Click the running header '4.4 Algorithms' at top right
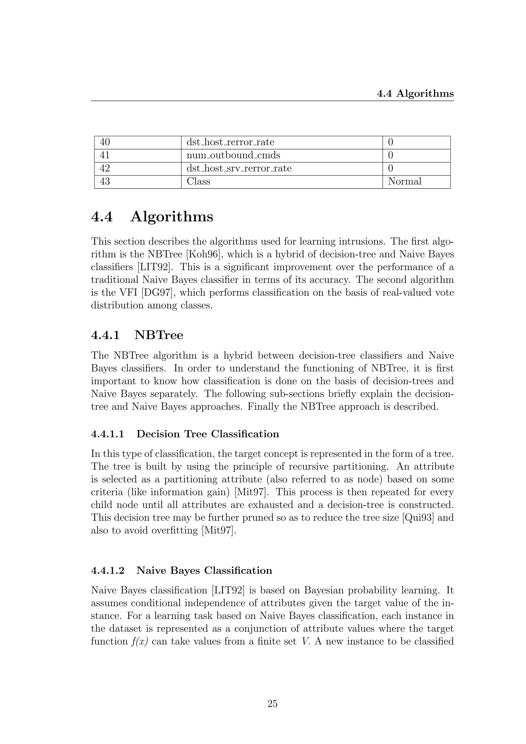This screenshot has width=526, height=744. pyautogui.click(x=415, y=94)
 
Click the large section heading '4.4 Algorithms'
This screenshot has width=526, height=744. pyautogui.click(x=152, y=217)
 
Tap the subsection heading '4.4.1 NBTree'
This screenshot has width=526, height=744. pyautogui.click(x=137, y=335)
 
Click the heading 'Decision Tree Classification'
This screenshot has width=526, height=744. pyautogui.click(x=207, y=434)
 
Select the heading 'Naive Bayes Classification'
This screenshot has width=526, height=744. pyautogui.click(x=204, y=570)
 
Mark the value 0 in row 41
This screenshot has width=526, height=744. pyautogui.click(x=391, y=155)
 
